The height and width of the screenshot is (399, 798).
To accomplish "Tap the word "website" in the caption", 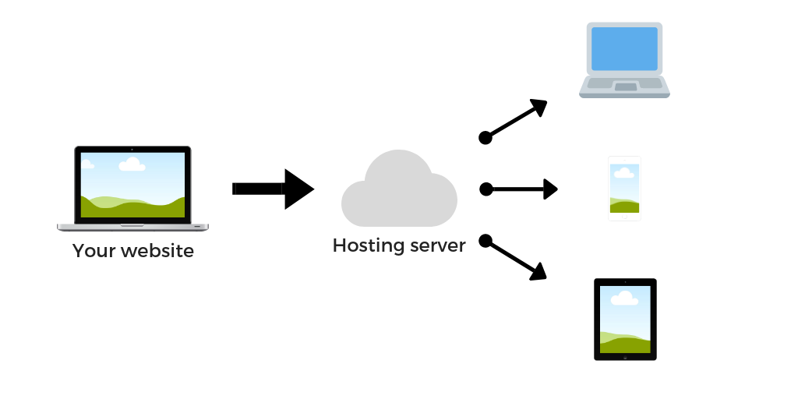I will [x=157, y=251].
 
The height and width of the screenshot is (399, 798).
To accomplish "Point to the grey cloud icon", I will [x=399, y=191].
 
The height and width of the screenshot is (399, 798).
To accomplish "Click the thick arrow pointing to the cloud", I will [x=273, y=189].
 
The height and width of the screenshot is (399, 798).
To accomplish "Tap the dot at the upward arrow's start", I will [x=485, y=138].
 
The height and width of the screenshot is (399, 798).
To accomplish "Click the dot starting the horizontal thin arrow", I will [x=486, y=189].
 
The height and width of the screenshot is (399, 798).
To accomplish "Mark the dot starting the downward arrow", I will [x=485, y=240].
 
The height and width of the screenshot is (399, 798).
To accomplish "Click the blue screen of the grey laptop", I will [x=624, y=49].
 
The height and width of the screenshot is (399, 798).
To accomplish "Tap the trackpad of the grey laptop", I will [x=625, y=87].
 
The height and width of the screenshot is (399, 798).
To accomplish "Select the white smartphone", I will [x=624, y=189].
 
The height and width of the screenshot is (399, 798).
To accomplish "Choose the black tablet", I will [x=625, y=320].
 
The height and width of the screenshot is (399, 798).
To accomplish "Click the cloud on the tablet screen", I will [x=625, y=298].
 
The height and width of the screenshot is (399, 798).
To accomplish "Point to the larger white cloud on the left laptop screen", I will [x=132, y=164].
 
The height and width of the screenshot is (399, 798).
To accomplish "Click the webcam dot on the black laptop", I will [x=132, y=149].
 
